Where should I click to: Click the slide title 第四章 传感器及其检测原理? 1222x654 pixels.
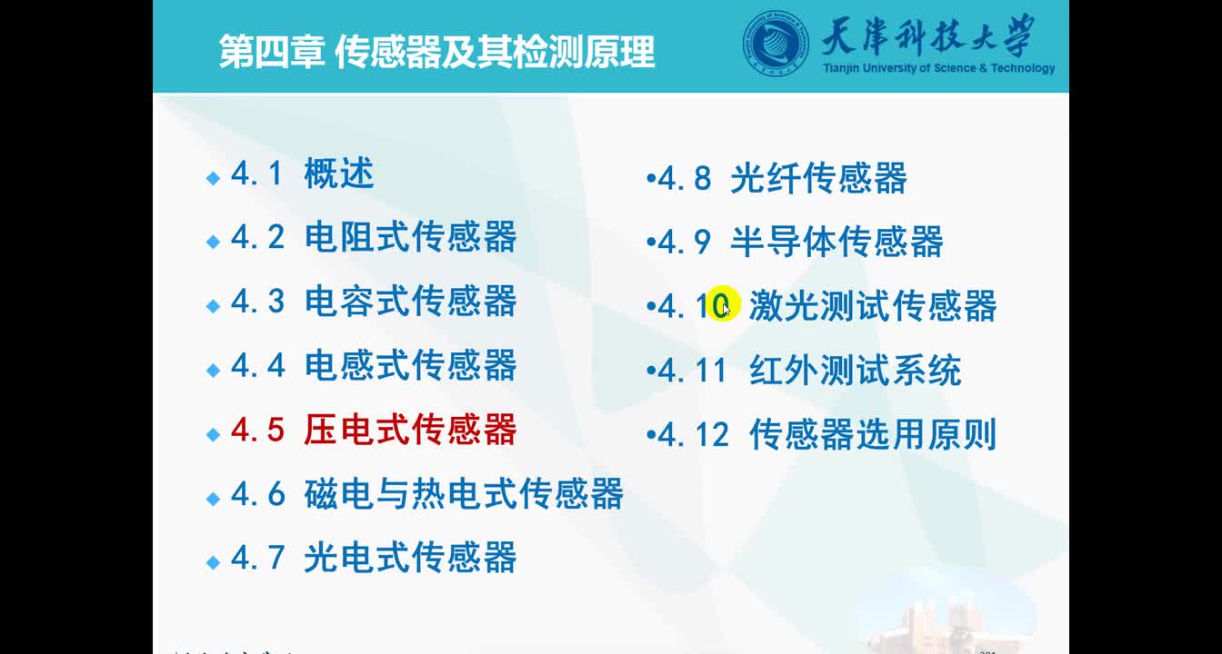436,52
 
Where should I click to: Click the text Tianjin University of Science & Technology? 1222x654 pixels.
938,69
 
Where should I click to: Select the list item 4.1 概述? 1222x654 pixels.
302,173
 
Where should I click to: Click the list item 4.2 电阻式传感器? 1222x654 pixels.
373,237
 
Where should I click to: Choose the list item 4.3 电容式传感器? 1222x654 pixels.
373,302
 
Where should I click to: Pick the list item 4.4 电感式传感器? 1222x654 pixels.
373,365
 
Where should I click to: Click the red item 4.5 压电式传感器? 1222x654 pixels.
373,430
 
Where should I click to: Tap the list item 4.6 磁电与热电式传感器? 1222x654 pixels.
426,494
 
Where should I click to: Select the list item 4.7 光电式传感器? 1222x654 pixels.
373,558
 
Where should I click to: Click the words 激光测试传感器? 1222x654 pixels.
873,306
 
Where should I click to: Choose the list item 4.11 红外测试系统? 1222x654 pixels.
808,371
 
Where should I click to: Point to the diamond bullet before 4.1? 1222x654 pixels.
214,178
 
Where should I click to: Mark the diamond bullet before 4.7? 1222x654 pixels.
214,562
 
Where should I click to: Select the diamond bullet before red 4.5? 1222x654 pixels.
214,434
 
